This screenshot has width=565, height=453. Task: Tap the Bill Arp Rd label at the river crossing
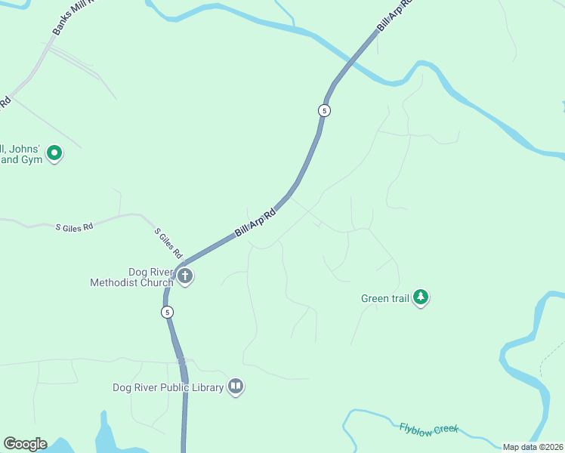point(394,16)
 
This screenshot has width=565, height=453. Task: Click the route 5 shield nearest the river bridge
point(324,110)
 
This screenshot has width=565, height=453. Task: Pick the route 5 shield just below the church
point(168,311)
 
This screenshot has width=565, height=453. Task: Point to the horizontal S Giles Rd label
point(74,226)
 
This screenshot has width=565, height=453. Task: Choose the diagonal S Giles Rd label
point(169,242)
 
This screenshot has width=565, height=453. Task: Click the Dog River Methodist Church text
point(131,277)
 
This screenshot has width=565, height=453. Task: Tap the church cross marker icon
point(185,276)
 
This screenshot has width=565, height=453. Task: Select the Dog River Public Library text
point(168,387)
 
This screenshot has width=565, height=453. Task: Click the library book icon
point(236,387)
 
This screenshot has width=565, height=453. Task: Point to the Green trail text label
point(384,298)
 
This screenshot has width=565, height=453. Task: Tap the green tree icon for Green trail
point(421,297)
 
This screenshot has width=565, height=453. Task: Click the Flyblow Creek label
point(428,429)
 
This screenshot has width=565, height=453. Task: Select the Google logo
point(25,444)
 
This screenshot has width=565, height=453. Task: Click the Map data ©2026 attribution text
point(533,447)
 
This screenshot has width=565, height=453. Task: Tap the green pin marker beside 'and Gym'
point(54,153)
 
